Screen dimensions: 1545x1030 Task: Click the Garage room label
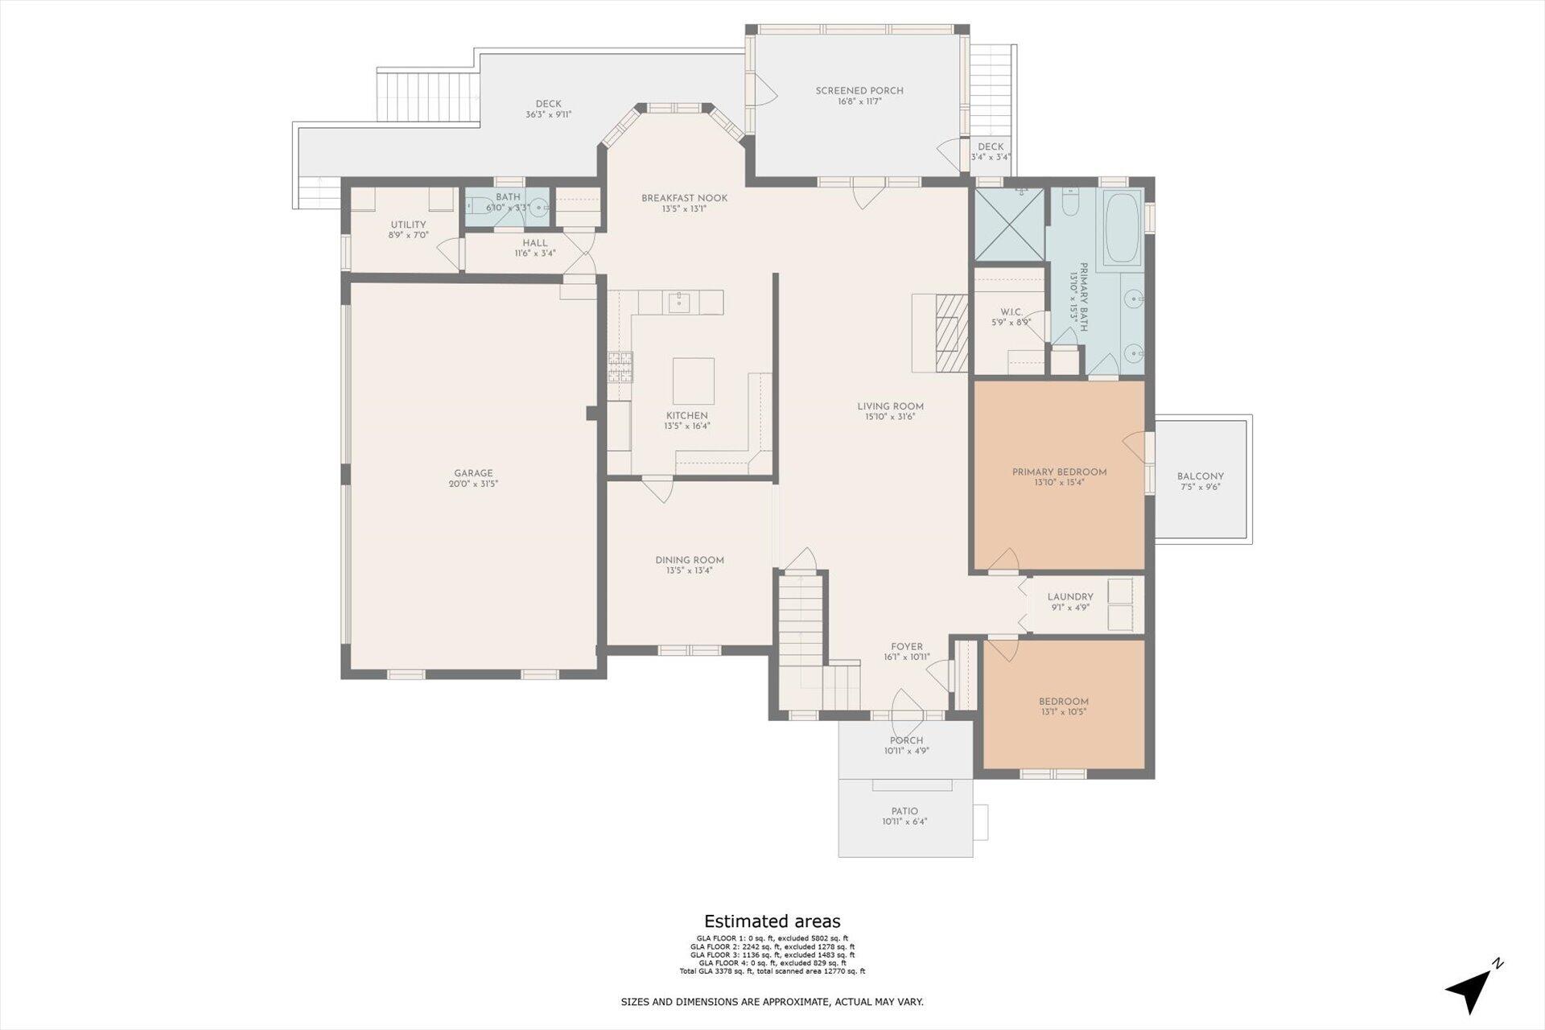click(473, 473)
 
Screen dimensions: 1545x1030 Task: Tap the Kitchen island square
click(693, 381)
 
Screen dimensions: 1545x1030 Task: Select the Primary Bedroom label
click(1059, 472)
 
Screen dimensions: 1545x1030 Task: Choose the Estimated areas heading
click(772, 921)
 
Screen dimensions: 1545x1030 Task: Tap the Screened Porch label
click(859, 91)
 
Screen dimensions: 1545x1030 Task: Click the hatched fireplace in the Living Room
click(952, 333)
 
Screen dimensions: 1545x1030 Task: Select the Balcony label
click(1201, 476)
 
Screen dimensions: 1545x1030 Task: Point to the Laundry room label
click(1070, 597)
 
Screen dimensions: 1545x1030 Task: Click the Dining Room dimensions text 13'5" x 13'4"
click(690, 571)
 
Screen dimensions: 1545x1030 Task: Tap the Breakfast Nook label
click(684, 198)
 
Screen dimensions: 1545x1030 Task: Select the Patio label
click(904, 811)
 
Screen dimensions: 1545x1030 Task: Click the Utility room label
click(408, 225)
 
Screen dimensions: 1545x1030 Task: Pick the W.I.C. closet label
click(1011, 312)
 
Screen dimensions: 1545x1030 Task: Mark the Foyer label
click(907, 647)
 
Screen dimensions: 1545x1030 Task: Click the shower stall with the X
click(1009, 225)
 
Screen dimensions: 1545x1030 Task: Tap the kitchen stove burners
click(620, 366)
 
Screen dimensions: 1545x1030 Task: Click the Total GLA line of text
click(772, 971)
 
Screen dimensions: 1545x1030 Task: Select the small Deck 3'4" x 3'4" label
click(991, 151)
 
